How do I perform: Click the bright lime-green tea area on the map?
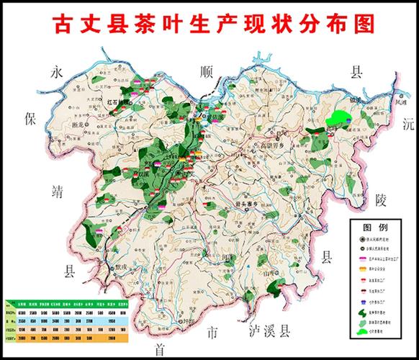337,116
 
